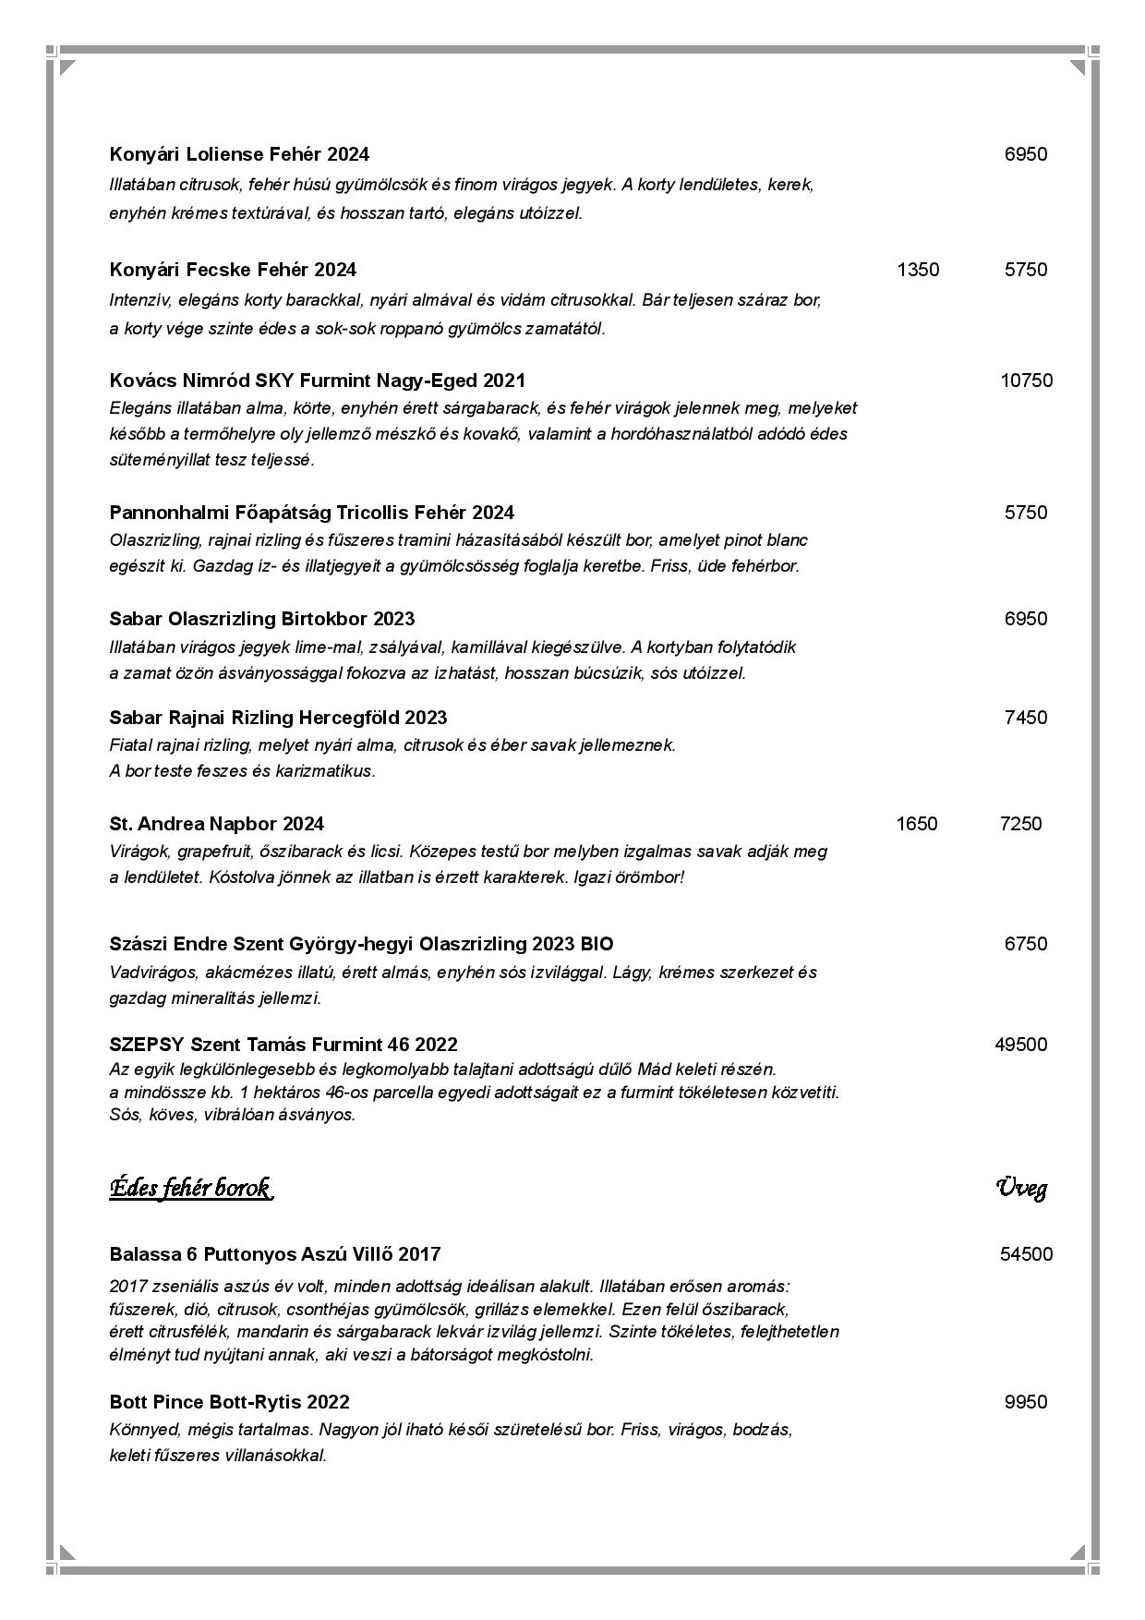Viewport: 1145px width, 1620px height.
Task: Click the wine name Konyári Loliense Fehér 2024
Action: [239, 154]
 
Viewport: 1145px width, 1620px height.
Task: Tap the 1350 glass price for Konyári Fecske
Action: [918, 270]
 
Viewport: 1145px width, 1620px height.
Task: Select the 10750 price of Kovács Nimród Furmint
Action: [1026, 381]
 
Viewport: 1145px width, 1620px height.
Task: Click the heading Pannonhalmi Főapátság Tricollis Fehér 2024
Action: [311, 513]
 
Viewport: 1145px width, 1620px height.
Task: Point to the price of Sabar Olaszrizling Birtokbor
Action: [1026, 619]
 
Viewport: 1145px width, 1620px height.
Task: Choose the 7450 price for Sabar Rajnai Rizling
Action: [1026, 718]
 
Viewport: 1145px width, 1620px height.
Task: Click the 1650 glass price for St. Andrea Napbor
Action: [916, 824]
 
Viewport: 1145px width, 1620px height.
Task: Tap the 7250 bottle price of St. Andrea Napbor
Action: [1020, 824]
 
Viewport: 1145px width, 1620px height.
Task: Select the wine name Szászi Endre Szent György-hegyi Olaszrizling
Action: [361, 944]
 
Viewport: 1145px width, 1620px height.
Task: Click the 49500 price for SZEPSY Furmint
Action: [1021, 1045]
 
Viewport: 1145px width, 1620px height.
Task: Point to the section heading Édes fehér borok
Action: [190, 1188]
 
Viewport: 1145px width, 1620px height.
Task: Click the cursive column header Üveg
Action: [1021, 1188]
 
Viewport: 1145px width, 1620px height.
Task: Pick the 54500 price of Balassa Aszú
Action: [1026, 1254]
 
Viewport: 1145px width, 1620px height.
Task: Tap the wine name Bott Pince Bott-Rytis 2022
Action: [229, 1402]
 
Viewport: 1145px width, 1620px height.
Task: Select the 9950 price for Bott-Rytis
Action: [1026, 1402]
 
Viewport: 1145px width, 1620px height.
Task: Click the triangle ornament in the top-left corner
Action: [67, 67]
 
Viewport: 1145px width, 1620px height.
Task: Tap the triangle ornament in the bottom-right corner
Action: [1077, 1552]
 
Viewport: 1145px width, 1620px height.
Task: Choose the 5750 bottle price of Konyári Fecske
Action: [1026, 270]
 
